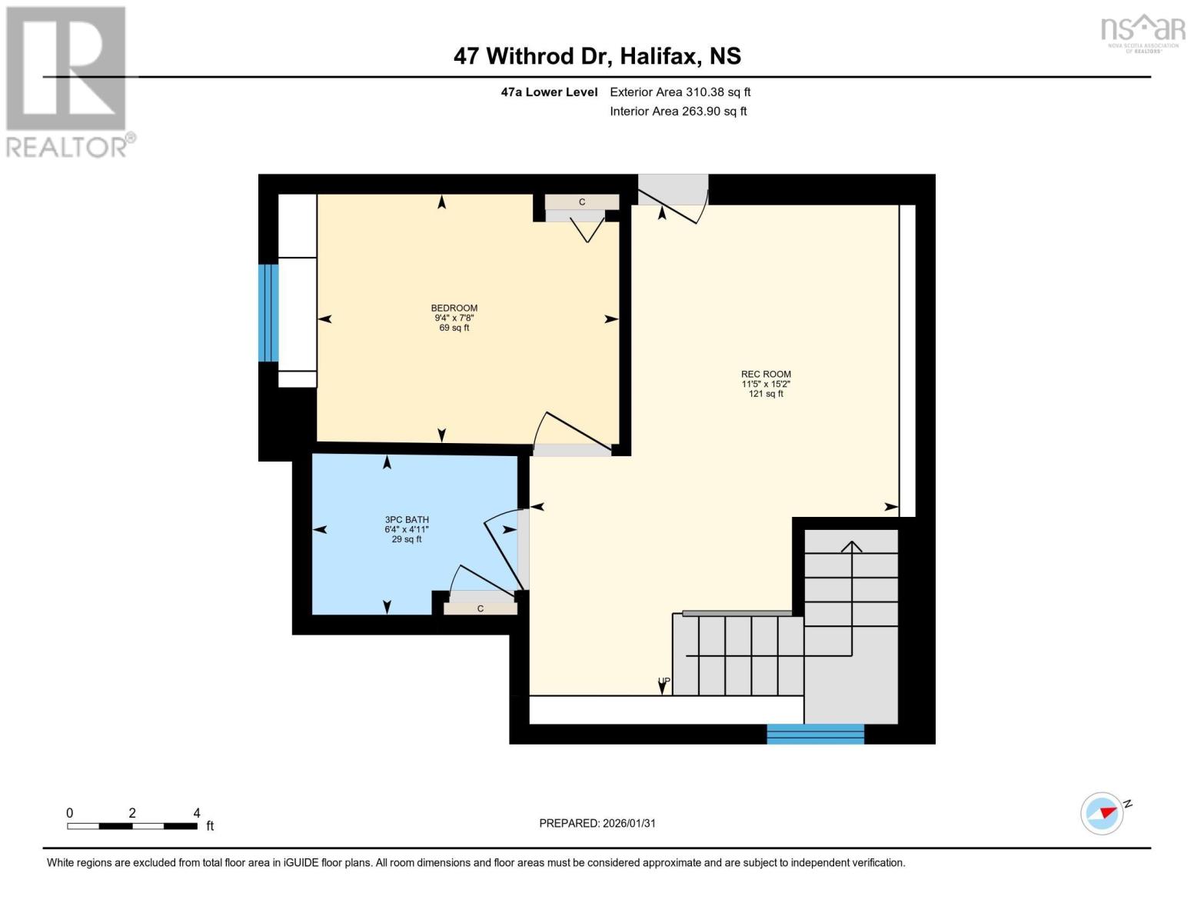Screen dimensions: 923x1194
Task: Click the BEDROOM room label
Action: [x=454, y=308]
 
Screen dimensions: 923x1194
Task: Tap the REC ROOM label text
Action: [x=766, y=374]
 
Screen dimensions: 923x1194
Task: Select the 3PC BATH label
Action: [x=407, y=519]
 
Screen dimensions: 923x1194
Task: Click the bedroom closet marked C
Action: [x=582, y=202]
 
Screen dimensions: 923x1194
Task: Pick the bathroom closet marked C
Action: [x=481, y=608]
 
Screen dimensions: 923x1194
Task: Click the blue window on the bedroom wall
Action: [x=268, y=312]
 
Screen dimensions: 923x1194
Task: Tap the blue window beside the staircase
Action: [x=815, y=734]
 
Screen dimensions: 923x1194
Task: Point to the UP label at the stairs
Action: [x=664, y=681]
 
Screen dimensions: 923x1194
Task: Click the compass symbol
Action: [x=1102, y=813]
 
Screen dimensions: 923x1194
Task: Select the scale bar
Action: [x=131, y=826]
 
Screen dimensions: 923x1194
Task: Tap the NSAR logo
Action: [x=1142, y=32]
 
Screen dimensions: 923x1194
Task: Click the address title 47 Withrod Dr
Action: [x=597, y=56]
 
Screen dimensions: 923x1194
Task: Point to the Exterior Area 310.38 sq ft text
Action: [x=680, y=92]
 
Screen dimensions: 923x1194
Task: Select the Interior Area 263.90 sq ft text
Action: [x=678, y=111]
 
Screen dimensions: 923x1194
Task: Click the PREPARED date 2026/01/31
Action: [x=597, y=823]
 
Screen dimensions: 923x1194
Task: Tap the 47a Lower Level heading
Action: [x=549, y=92]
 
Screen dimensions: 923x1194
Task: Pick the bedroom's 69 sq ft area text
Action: [x=454, y=328]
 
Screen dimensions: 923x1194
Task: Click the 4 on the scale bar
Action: [x=197, y=813]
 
